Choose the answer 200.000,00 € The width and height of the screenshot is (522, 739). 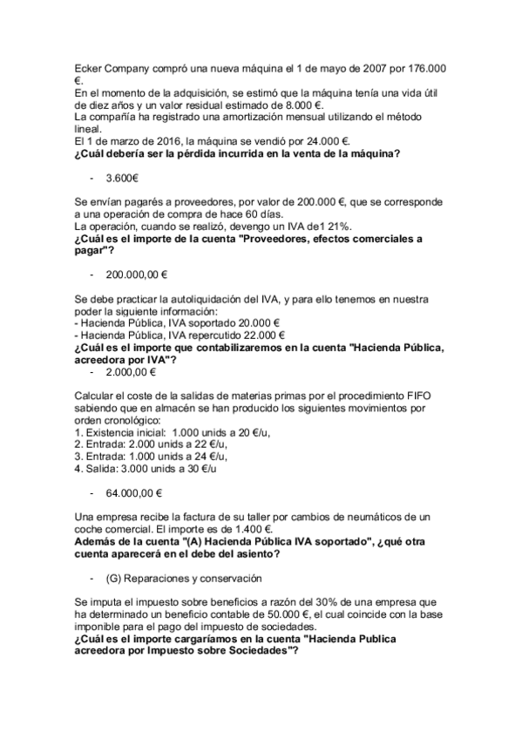tap(137, 274)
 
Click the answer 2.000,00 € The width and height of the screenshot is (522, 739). tap(131, 372)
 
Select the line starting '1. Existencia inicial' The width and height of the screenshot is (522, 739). tap(150, 432)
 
